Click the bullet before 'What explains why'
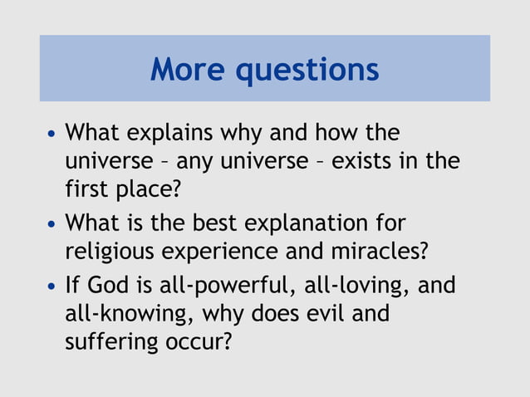[53, 134]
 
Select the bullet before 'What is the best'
[53, 225]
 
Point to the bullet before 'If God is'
[53, 287]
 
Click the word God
[108, 286]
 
